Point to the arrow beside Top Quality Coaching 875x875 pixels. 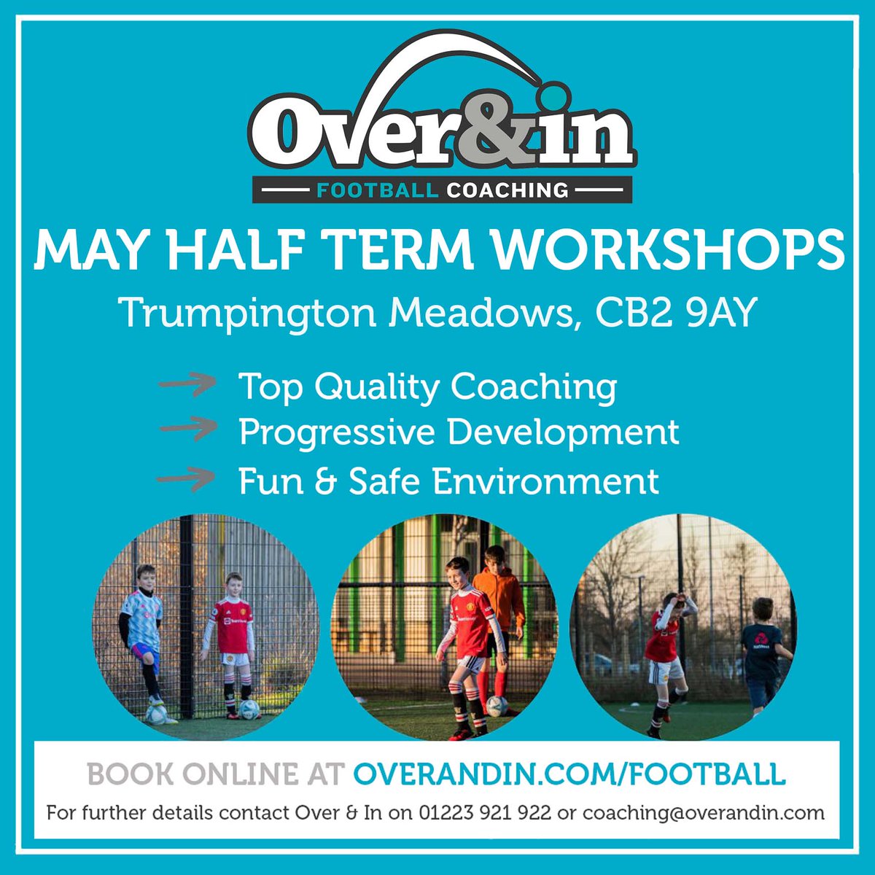coord(187,384)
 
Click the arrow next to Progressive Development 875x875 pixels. coord(187,430)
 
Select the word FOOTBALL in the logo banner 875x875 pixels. coord(376,191)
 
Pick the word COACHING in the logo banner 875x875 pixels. coord(507,191)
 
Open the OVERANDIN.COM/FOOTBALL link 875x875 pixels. coord(569,774)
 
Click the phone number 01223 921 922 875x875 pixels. coord(484,812)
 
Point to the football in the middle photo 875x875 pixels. coord(497,706)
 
